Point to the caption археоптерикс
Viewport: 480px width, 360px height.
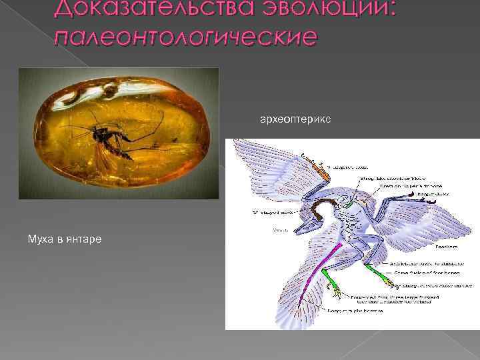(x=289, y=120)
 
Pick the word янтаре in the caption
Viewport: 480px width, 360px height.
(x=85, y=238)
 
